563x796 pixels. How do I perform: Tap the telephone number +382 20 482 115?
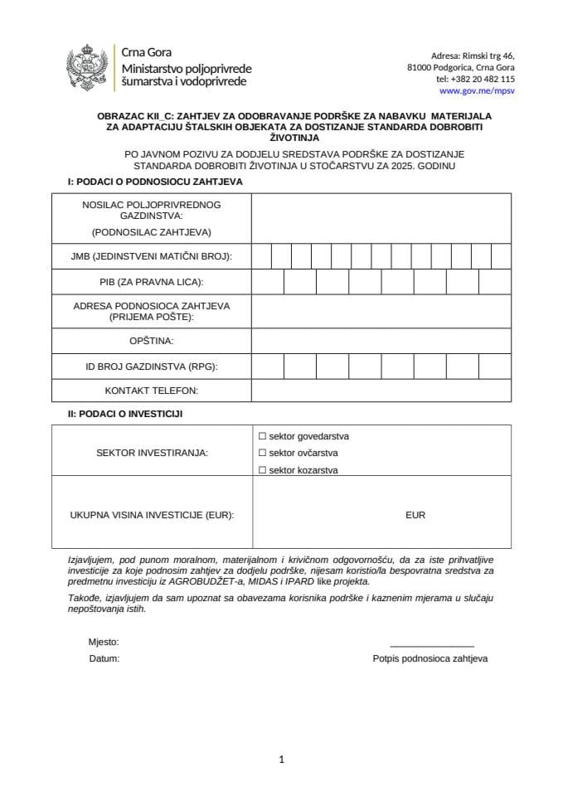[475, 79]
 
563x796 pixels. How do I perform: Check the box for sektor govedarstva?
[262, 435]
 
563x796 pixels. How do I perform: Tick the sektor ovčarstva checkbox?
[262, 453]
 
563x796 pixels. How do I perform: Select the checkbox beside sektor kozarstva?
[262, 470]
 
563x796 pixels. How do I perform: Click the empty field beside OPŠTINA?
[381, 341]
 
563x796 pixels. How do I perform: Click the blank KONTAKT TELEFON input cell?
[381, 390]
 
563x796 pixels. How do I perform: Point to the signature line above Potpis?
[431, 645]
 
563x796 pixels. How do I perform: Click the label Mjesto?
[104, 642]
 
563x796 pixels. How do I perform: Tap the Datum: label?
[104, 658]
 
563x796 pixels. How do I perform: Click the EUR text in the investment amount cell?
[415, 515]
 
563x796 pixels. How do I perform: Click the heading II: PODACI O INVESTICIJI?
[125, 413]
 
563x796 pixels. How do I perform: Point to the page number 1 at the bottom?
[282, 759]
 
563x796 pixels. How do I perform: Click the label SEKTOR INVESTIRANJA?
[152, 453]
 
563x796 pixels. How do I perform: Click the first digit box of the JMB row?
[261, 256]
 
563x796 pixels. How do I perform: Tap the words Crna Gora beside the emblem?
[147, 53]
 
